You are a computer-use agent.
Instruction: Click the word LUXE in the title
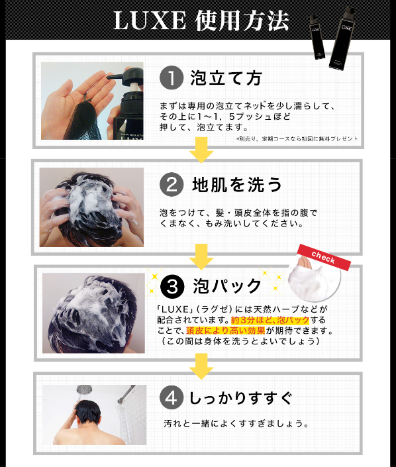(150, 21)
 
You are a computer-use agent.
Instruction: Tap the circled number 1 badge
(172, 78)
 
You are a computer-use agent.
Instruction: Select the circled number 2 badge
(172, 185)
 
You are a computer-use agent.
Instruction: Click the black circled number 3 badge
(172, 287)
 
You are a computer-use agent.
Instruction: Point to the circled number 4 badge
(172, 397)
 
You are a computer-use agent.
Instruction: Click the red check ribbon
(324, 257)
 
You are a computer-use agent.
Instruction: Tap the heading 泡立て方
(226, 78)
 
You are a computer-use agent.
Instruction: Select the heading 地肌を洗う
(236, 185)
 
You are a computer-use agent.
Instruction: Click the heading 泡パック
(227, 287)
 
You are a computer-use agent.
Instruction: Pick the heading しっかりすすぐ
(241, 398)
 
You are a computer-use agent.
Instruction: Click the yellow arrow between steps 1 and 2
(201, 150)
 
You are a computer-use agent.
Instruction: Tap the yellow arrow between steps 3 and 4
(201, 366)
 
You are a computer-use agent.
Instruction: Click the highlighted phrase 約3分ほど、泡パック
(270, 320)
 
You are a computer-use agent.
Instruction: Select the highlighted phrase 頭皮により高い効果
(225, 331)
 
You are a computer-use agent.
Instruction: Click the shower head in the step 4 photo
(84, 389)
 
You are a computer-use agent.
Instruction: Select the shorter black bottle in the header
(317, 37)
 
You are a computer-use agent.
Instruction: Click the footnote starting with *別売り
(297, 139)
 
